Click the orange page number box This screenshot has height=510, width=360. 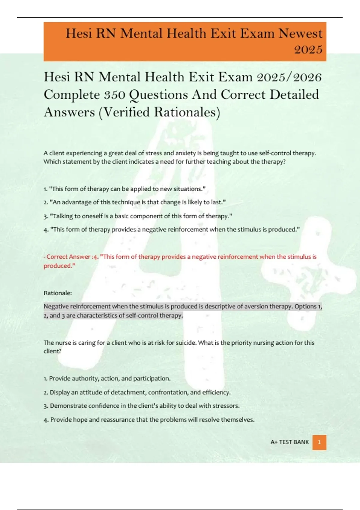319,442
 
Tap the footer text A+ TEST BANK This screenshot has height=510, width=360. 289,442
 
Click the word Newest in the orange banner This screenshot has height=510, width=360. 301,33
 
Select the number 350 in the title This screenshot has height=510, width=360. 115,95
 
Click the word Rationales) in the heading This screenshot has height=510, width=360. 187,112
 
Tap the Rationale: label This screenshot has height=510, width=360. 58,293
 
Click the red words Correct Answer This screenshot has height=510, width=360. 68,257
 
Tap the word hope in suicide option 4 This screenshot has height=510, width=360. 80,420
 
